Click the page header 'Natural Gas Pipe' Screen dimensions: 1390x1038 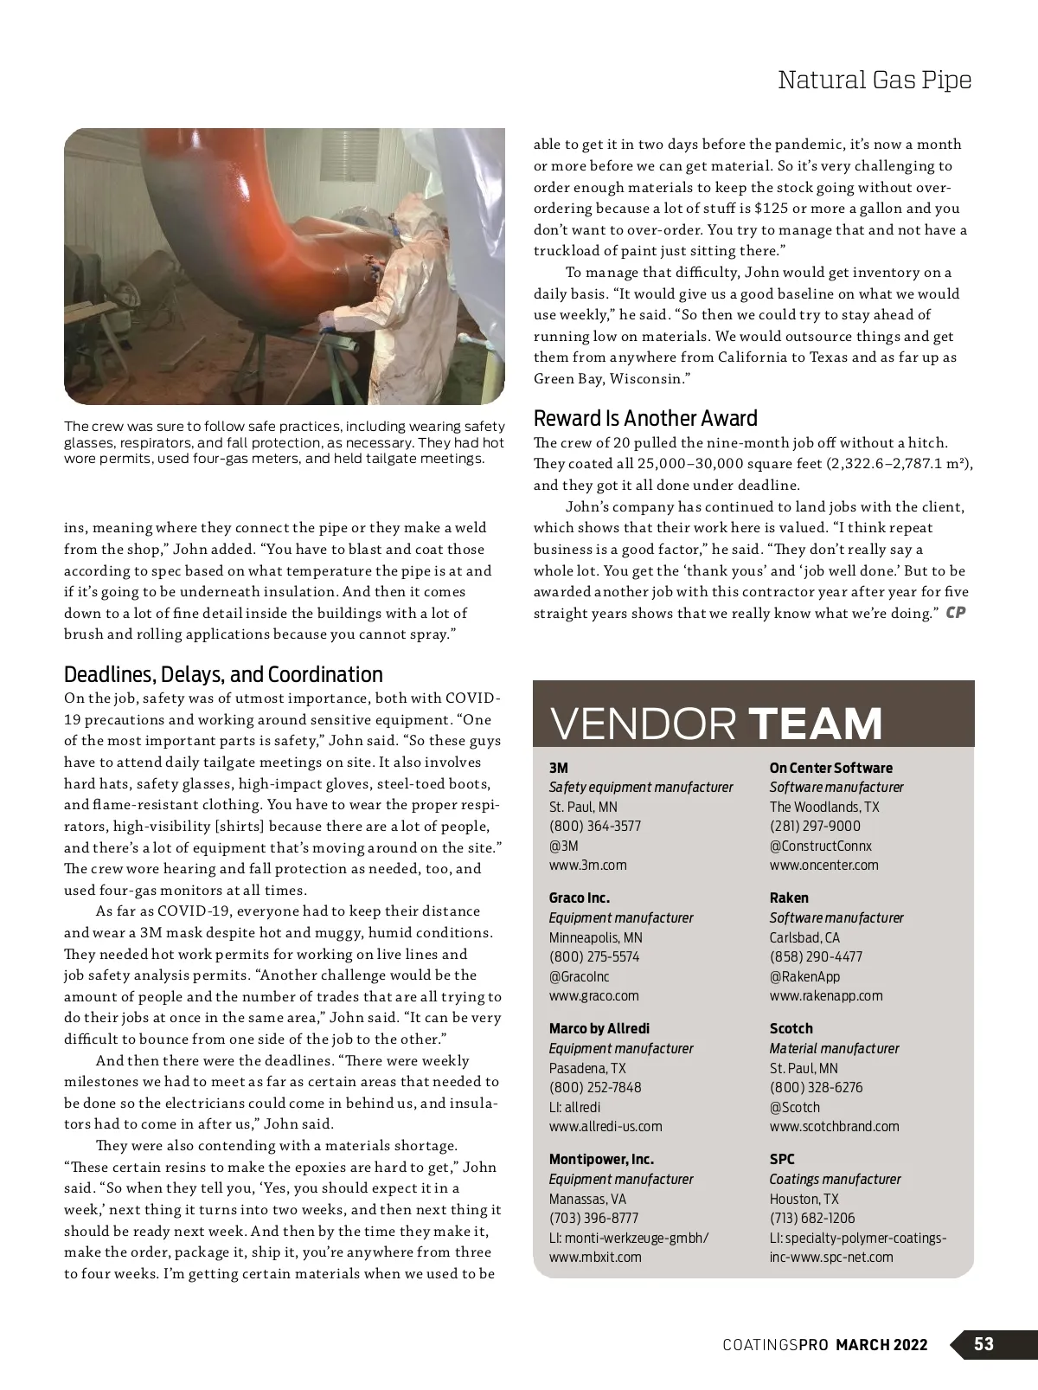coord(875,80)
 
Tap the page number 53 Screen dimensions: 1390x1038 coord(984,1344)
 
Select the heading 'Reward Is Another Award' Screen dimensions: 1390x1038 coord(645,419)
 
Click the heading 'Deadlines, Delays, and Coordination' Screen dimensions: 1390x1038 coord(223,674)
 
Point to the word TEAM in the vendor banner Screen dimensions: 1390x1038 coord(815,724)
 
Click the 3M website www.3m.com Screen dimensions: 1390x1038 coord(588,865)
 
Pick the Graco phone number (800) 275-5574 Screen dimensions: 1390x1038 coord(594,956)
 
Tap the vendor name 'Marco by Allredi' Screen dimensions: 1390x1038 coord(599,1028)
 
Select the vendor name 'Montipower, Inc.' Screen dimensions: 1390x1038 coord(601,1159)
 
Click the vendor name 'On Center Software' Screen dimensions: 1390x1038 coord(830,768)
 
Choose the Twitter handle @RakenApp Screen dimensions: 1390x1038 coord(804,976)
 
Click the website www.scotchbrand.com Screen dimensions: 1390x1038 coord(834,1126)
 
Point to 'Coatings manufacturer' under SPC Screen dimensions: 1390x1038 coord(835,1179)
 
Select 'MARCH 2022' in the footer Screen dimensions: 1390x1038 coord(881,1344)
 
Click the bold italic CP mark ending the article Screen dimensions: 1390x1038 coord(955,613)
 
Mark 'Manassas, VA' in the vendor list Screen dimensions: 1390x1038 coord(587,1199)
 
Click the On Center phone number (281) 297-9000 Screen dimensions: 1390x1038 coord(815,826)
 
